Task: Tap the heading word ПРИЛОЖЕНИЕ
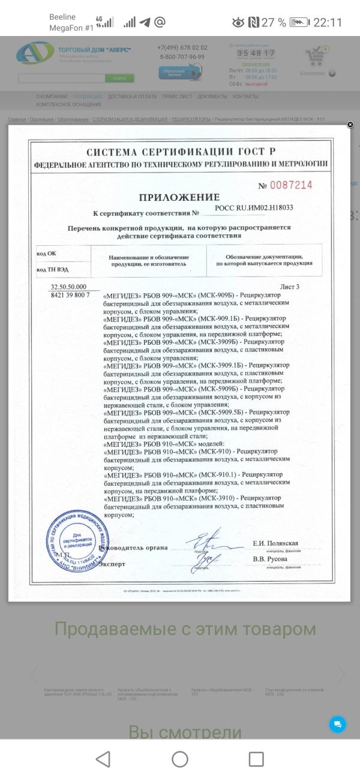tap(179, 197)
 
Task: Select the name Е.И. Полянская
tap(275, 543)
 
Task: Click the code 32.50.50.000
tap(68, 287)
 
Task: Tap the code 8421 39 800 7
tap(70, 295)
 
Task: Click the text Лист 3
tap(289, 287)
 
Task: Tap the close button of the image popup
tap(350, 125)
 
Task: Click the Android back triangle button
tap(103, 759)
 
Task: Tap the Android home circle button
tap(180, 759)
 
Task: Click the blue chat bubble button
tap(337, 724)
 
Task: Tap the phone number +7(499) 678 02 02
tap(182, 48)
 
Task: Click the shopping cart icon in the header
tap(316, 57)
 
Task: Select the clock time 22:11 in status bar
tap(328, 23)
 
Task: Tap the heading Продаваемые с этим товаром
tap(185, 629)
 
